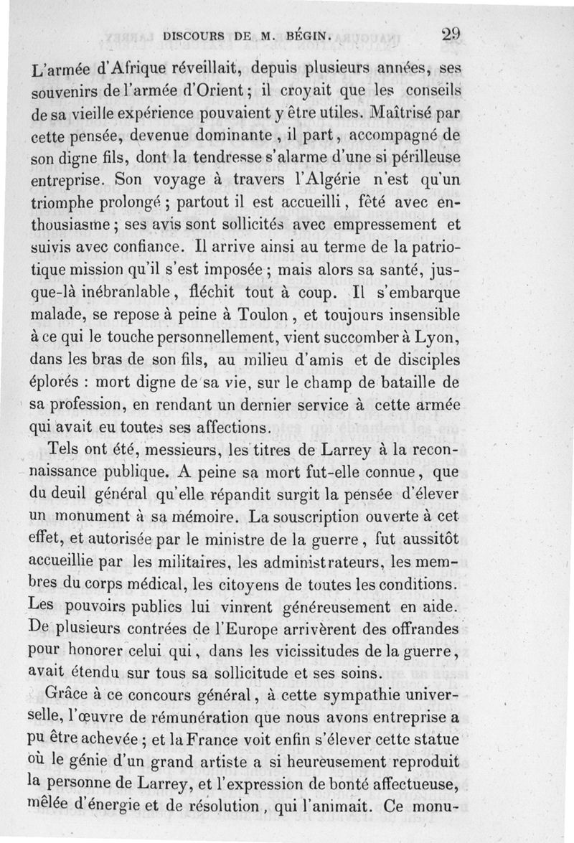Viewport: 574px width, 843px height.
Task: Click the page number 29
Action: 451,33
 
